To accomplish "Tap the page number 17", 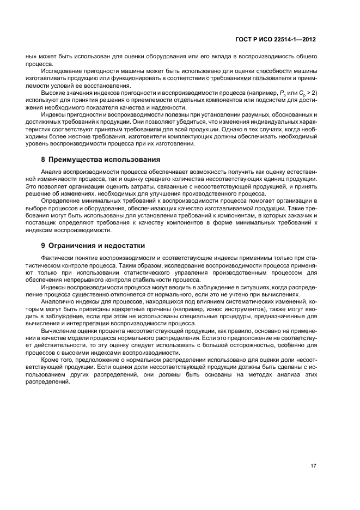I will pos(313,466).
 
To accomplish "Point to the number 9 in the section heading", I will pos(43,246).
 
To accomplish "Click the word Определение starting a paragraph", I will pos(62,201).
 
